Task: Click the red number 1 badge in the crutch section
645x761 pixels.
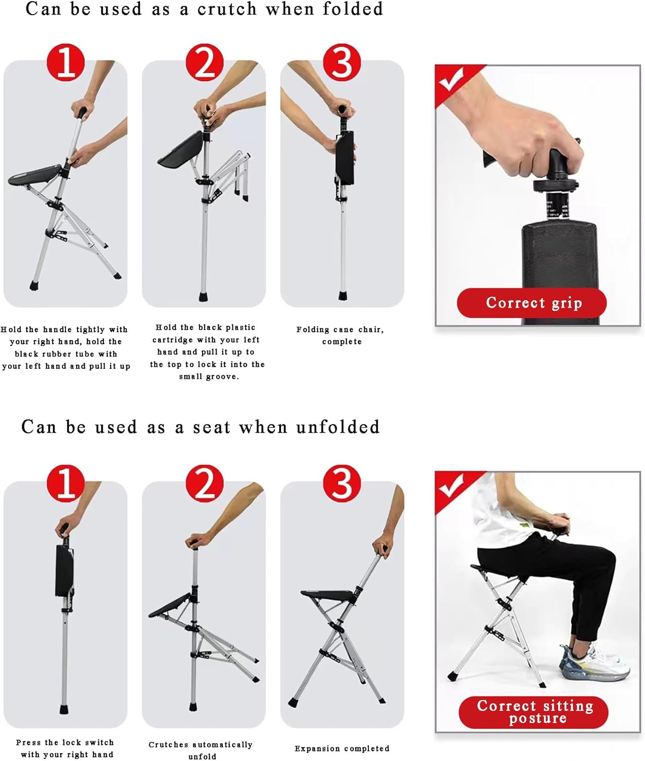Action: pyautogui.click(x=65, y=62)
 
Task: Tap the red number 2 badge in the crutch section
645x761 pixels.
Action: pyautogui.click(x=205, y=62)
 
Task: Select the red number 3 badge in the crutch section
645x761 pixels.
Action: pyautogui.click(x=342, y=62)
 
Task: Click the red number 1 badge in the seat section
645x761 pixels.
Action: pyautogui.click(x=65, y=483)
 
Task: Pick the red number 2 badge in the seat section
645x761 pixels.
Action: pyautogui.click(x=205, y=483)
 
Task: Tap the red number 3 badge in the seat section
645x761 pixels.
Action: pyautogui.click(x=342, y=483)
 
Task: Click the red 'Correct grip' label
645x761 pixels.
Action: pyautogui.click(x=532, y=303)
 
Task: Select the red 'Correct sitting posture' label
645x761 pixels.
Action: pyautogui.click(x=534, y=712)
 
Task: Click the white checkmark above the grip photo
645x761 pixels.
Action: pyautogui.click(x=451, y=79)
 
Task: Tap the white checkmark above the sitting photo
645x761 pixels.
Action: pyautogui.click(x=451, y=486)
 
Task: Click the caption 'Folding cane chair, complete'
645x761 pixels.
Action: pyautogui.click(x=341, y=335)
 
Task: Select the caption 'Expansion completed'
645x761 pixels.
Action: pyautogui.click(x=342, y=748)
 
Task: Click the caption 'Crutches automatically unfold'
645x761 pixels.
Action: pyautogui.click(x=201, y=750)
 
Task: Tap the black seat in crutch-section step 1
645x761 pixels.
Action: pyautogui.click(x=33, y=175)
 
